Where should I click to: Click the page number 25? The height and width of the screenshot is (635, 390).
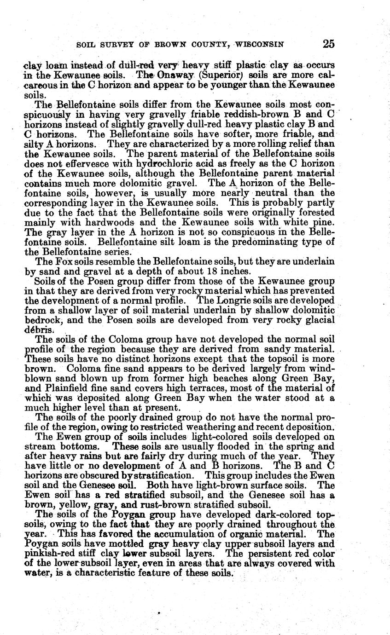[x=328, y=44]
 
